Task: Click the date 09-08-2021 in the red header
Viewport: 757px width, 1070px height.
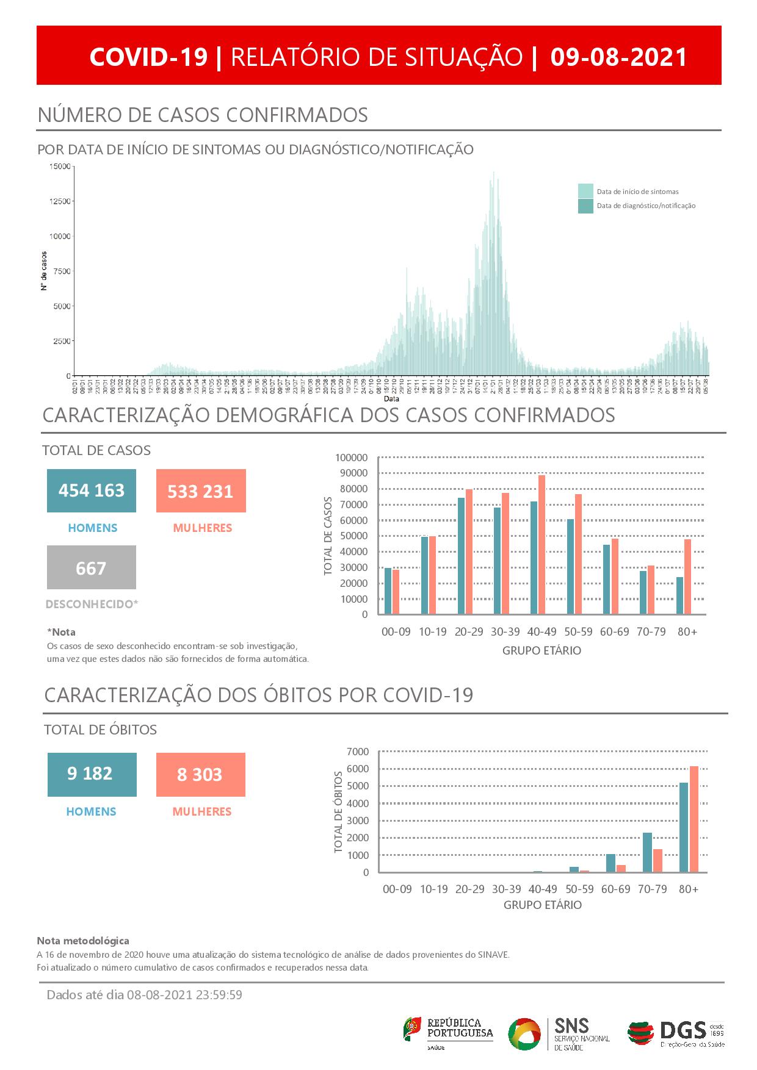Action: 618,57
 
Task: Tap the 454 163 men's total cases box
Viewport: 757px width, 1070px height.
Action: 92,490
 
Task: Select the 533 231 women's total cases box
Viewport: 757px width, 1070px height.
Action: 201,491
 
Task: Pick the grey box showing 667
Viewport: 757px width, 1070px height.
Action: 92,568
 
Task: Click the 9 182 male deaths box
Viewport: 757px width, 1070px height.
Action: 92,774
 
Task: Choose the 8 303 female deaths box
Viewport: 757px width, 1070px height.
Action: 200,775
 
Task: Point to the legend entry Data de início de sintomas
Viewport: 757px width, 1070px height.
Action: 637,192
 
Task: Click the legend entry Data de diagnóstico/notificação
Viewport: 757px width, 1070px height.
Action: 646,206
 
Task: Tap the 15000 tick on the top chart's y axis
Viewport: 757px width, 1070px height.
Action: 59,167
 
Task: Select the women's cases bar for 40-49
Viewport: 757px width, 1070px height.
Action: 541,544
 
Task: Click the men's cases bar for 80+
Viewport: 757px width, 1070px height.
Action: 679,595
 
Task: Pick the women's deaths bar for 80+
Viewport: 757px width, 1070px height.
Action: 694,819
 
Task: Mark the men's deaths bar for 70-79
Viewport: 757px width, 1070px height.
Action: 647,852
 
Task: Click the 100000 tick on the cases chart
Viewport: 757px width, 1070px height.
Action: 352,458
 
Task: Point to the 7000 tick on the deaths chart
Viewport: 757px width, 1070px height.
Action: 358,751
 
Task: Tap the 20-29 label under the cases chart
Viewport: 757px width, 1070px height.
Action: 469,632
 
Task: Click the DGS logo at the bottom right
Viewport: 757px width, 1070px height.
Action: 676,1033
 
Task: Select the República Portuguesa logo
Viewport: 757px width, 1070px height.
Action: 448,1033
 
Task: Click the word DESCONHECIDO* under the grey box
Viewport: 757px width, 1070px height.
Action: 92,605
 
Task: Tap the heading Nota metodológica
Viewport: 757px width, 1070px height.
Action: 83,941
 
